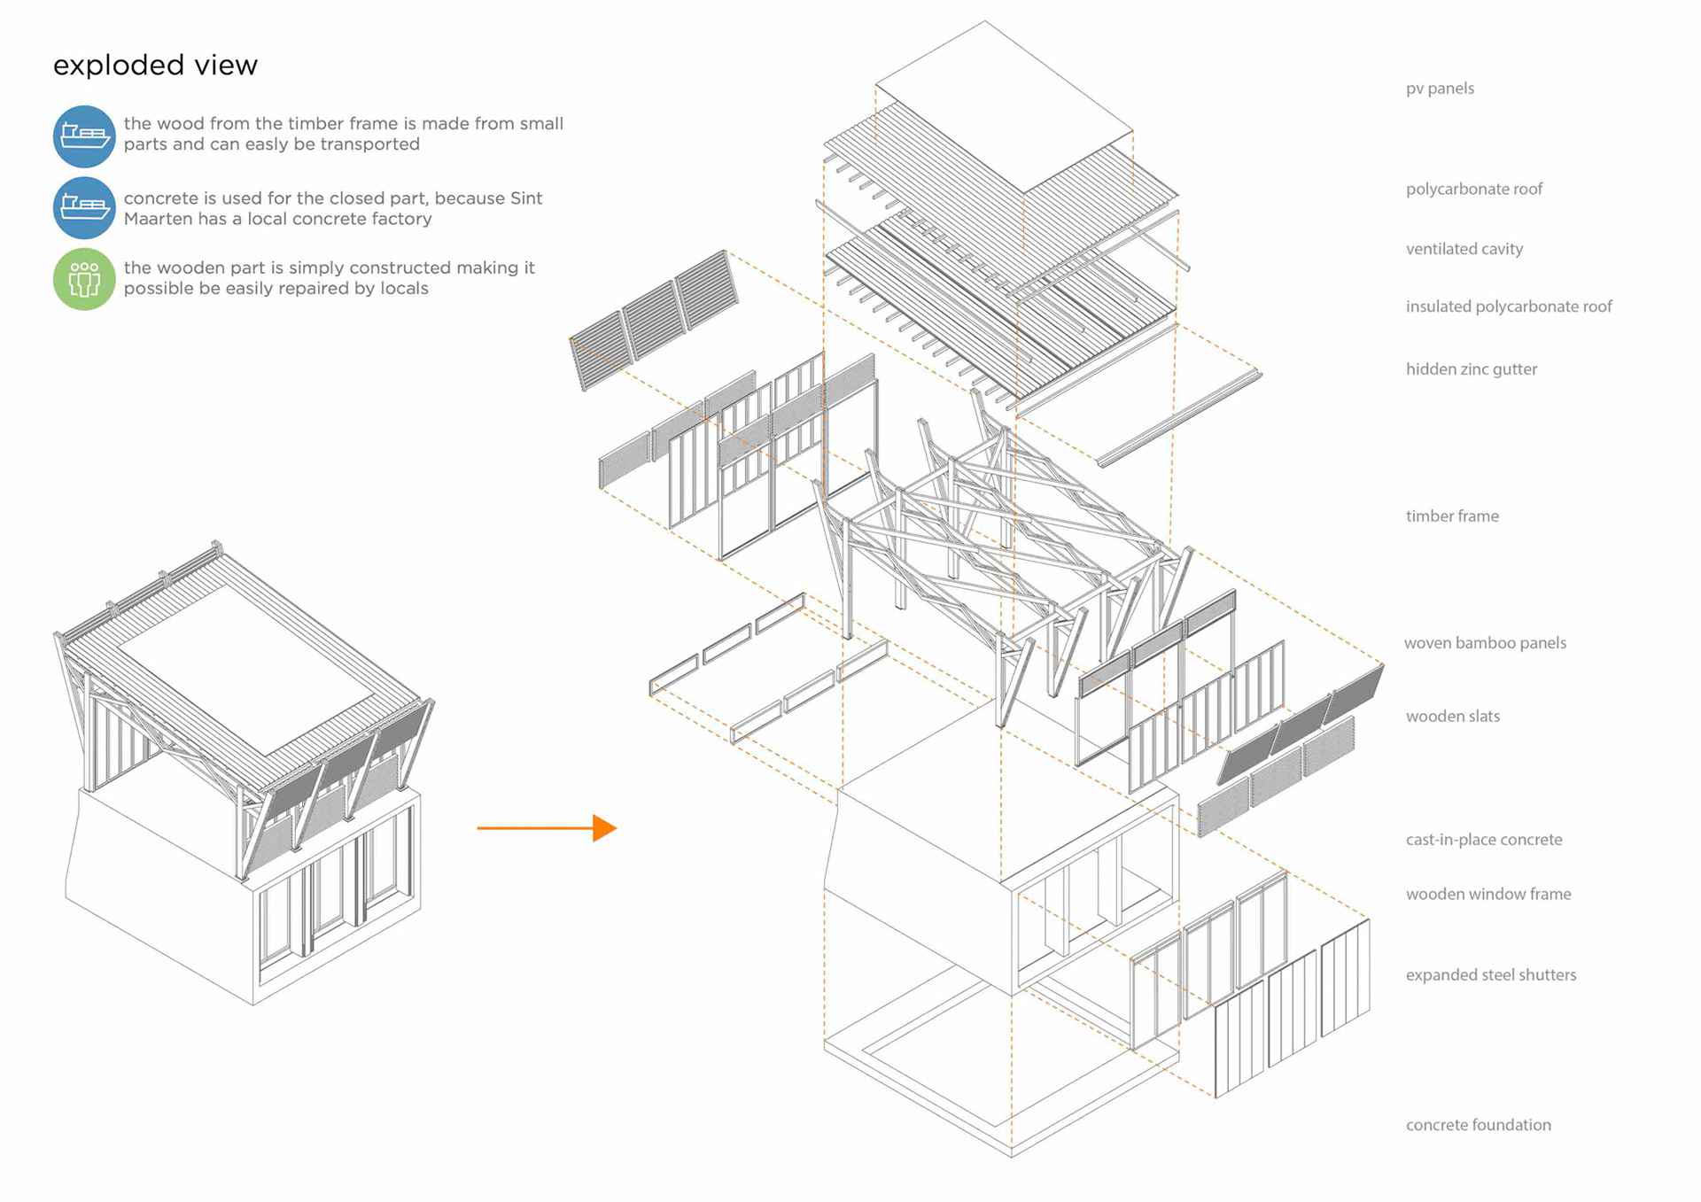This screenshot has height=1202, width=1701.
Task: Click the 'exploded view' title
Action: [155, 66]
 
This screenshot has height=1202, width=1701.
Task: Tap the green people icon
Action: [84, 279]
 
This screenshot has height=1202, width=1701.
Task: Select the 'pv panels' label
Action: [1440, 89]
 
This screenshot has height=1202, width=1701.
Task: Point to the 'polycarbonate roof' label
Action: [1473, 189]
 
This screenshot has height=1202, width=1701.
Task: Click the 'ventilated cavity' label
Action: [1464, 249]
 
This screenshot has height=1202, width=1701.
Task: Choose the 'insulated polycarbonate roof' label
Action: [1508, 306]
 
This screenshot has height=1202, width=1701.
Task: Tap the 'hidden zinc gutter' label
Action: [1471, 369]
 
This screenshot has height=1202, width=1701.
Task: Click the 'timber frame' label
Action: [1452, 516]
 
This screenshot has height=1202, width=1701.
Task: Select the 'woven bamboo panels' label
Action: [1485, 643]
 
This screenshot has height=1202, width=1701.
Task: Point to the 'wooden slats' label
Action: [1452, 717]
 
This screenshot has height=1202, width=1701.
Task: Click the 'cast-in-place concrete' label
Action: [1483, 840]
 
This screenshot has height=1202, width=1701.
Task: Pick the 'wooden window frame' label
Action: [1487, 895]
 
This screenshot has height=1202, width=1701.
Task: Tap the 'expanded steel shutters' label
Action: [1490, 975]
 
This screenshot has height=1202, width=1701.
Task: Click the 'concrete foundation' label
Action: [1478, 1125]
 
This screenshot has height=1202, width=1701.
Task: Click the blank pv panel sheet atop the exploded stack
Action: [1004, 106]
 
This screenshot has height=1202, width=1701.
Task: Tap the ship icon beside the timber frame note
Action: [84, 136]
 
